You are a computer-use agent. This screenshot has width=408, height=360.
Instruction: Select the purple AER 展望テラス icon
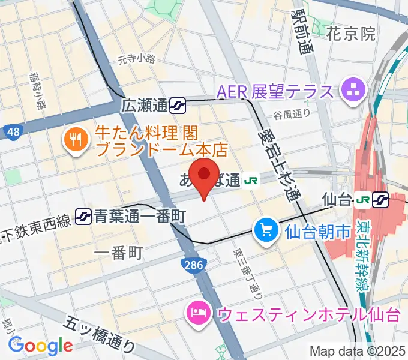pos(350,92)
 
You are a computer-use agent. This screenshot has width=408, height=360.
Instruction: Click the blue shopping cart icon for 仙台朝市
pos(265,230)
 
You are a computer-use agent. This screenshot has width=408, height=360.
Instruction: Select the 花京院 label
pos(352,34)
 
